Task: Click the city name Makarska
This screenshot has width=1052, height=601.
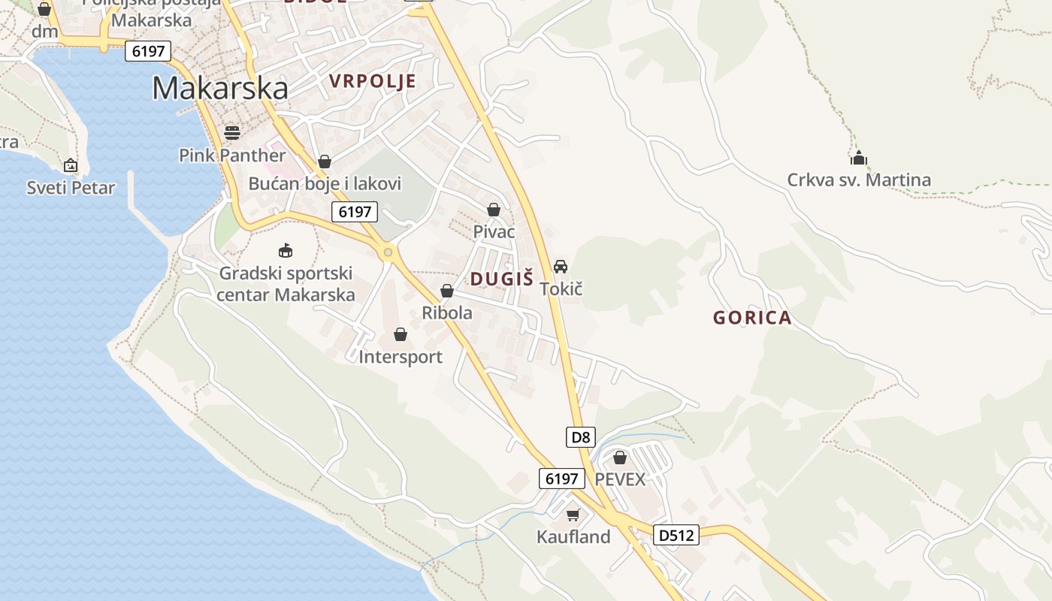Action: coord(220,89)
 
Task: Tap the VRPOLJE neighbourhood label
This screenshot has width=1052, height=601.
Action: coord(372,81)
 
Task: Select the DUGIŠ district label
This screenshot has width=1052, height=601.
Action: coord(501,279)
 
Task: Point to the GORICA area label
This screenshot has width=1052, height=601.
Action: coord(752,318)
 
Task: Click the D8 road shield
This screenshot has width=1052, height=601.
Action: coord(580,437)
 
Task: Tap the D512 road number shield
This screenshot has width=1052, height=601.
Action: coord(676,535)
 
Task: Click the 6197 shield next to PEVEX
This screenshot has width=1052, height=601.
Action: coord(561,479)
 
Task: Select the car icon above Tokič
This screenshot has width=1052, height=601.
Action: coord(561,266)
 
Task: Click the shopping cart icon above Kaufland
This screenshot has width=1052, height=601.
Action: coord(573,515)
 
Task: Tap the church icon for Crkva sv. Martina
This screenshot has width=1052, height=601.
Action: coord(859,158)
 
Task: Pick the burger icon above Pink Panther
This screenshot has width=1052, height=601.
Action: coord(232,133)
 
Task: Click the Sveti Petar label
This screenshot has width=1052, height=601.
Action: coord(71,187)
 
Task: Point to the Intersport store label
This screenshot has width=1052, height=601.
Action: coord(401,357)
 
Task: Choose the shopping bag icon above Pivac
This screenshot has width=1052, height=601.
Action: coord(494,210)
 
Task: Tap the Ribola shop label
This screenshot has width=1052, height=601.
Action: coord(447,313)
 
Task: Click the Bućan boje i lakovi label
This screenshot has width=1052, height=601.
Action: coord(325,183)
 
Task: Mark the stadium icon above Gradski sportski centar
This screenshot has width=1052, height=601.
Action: coord(286,250)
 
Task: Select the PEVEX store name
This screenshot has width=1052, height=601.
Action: coord(620,479)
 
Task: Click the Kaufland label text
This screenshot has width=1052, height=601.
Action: coord(573,536)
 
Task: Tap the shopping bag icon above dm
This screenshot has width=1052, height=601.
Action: coord(44,9)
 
